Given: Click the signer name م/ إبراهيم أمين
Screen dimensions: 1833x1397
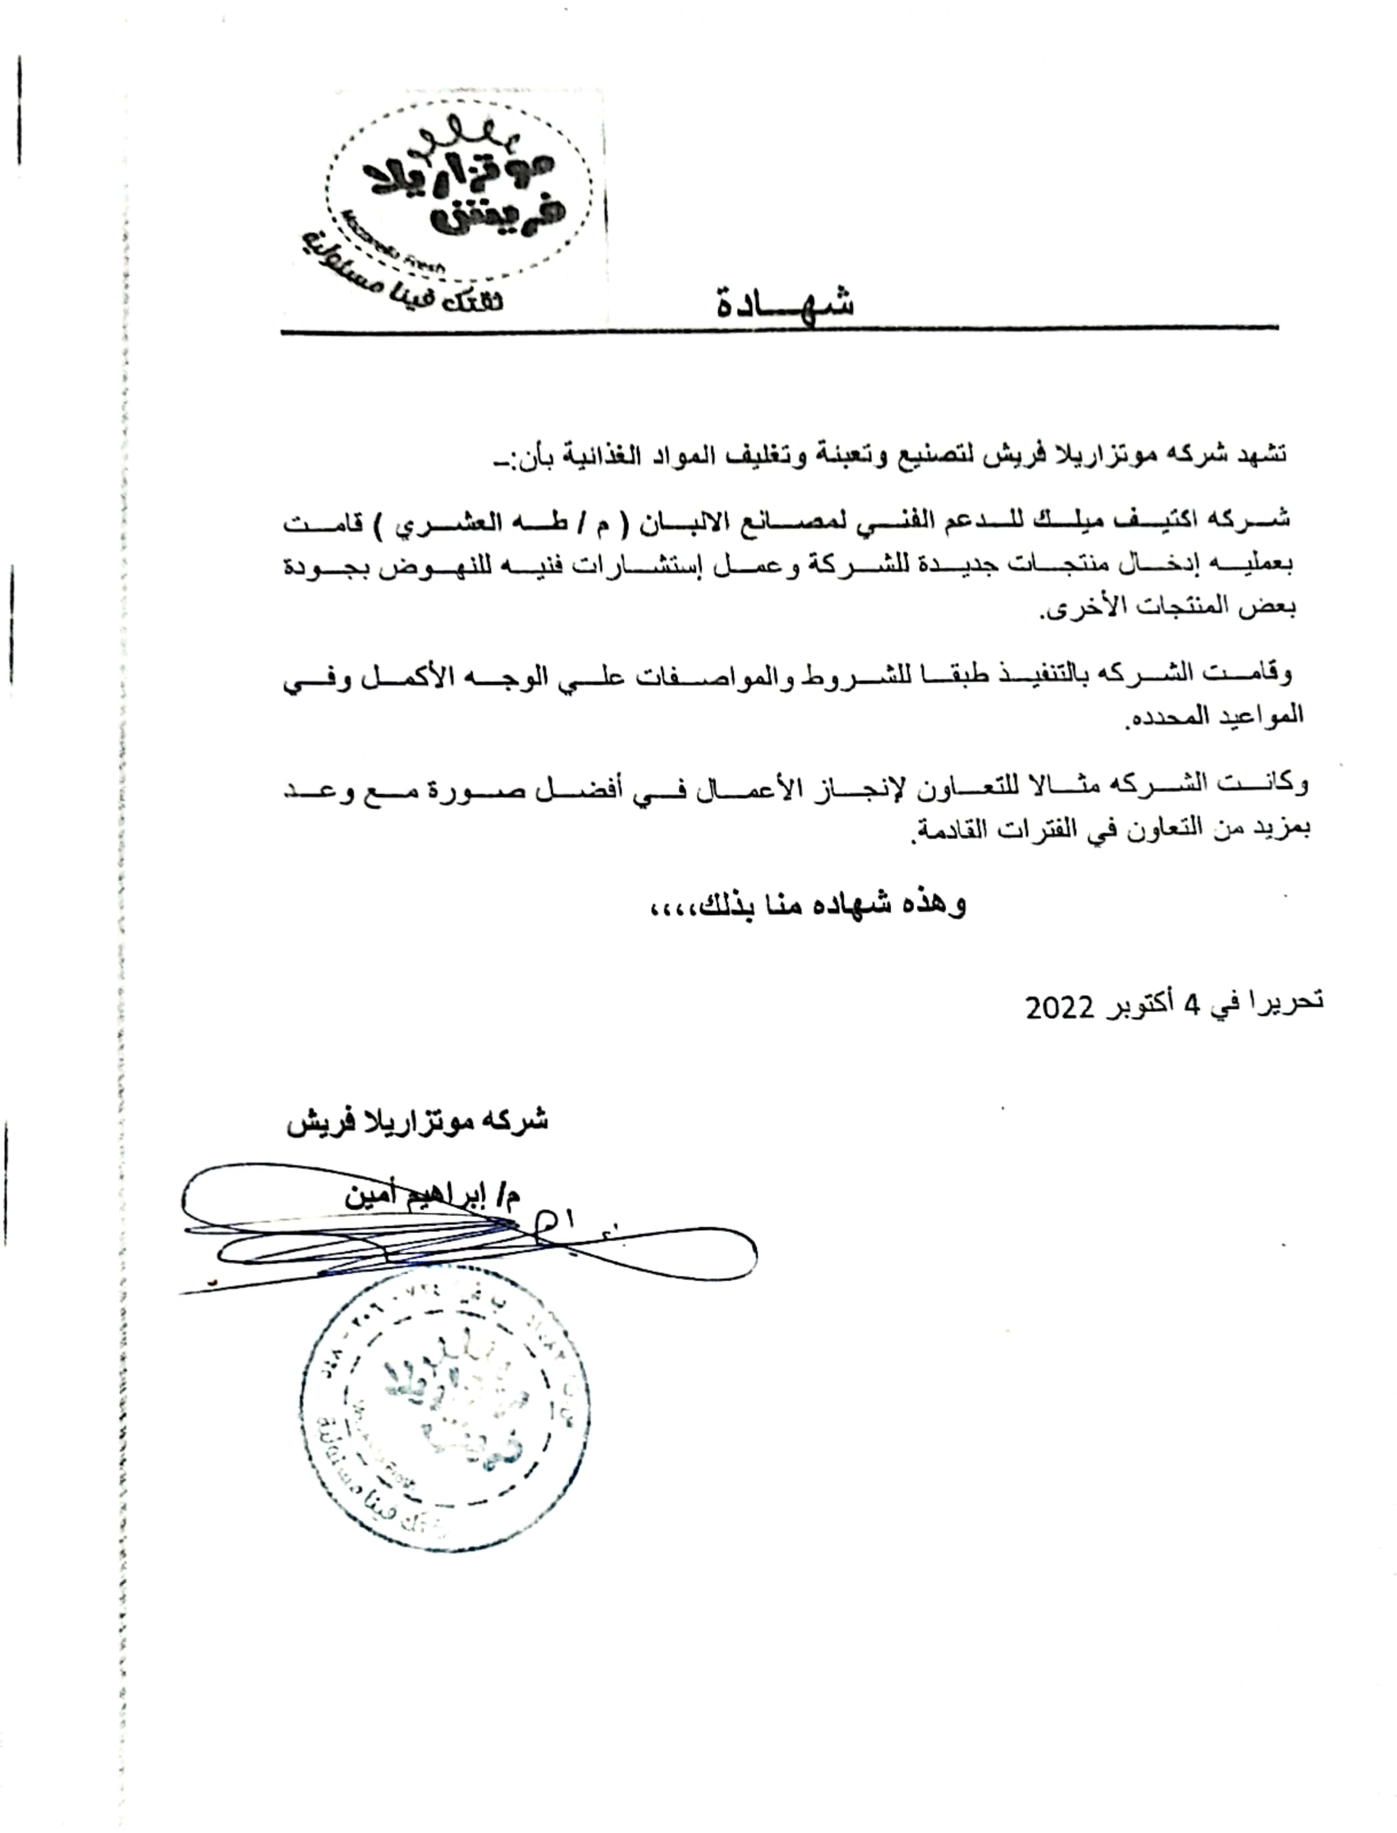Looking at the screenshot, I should [x=432, y=1196].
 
